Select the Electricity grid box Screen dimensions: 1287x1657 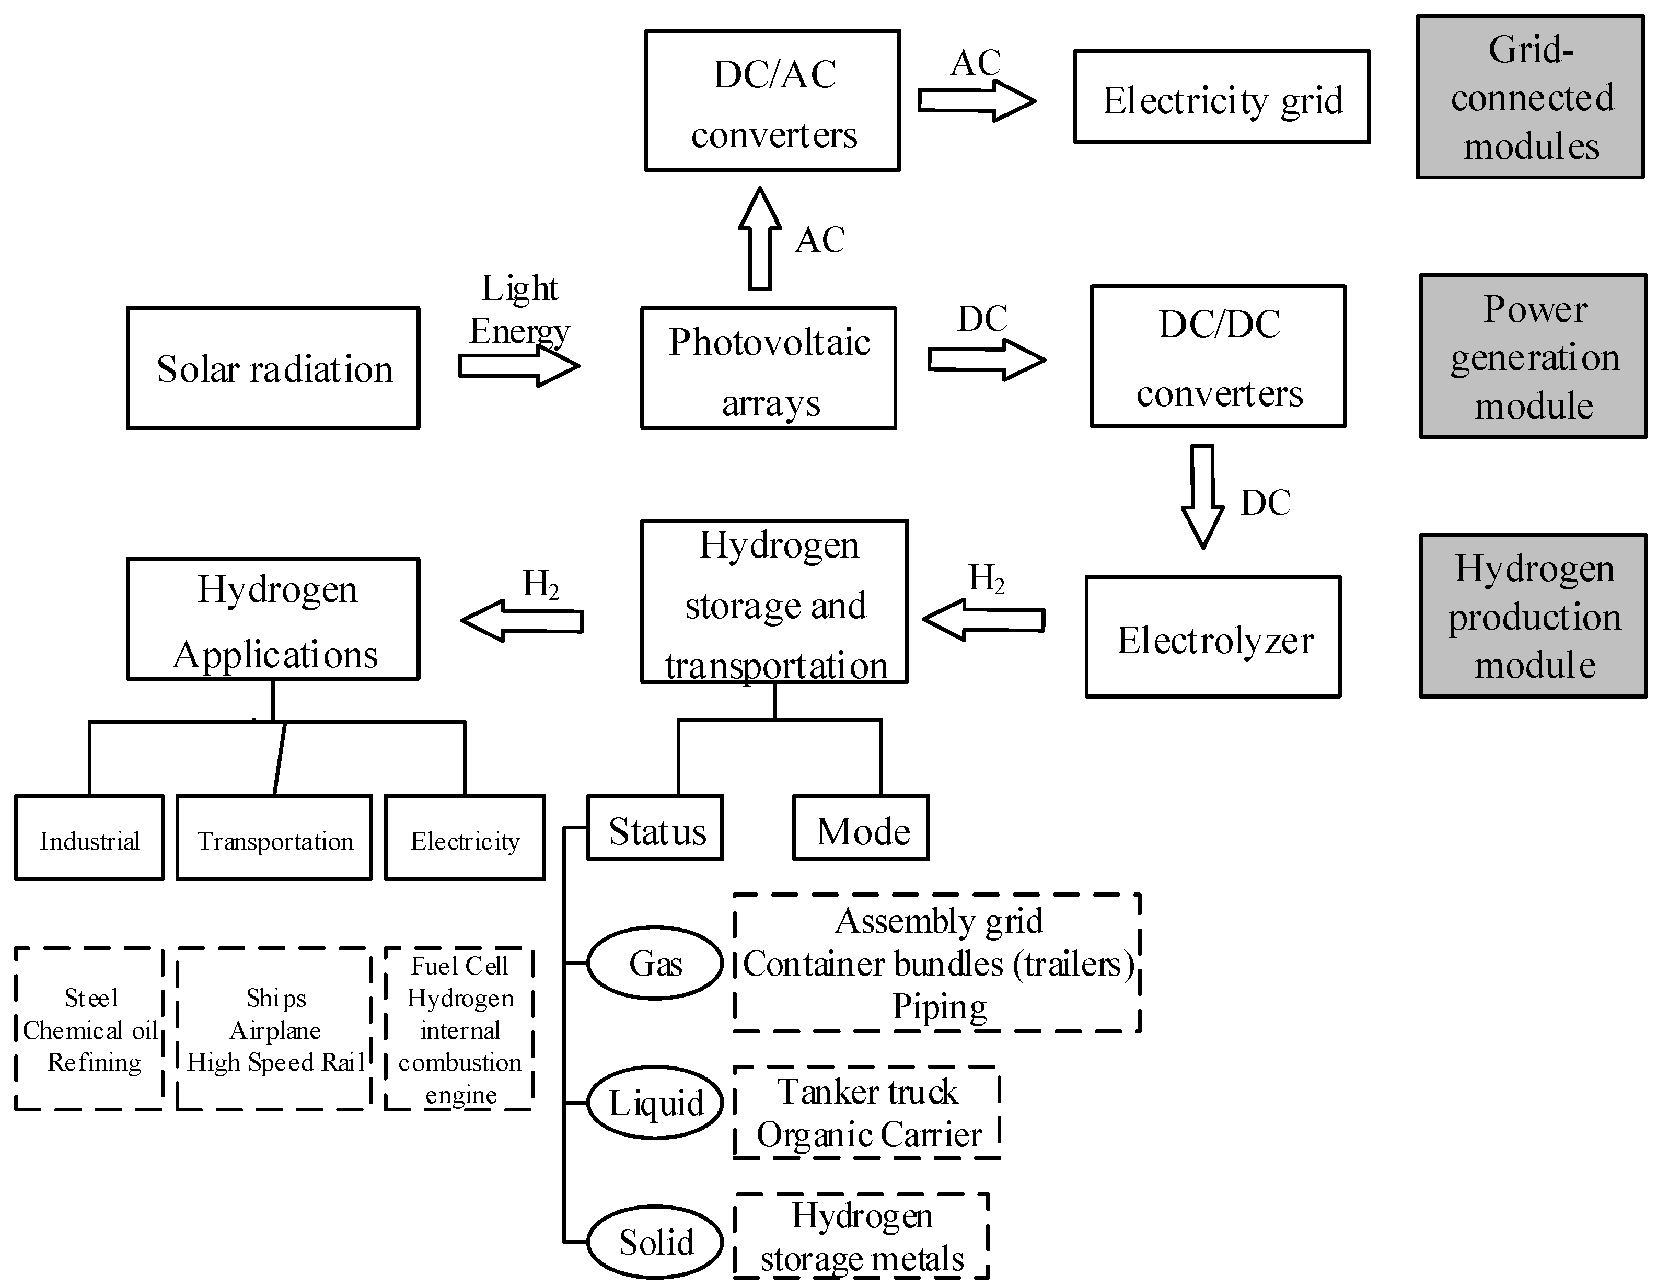[x=1222, y=97]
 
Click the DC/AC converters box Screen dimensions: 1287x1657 [x=772, y=101]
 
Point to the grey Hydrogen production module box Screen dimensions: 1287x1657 [x=1533, y=616]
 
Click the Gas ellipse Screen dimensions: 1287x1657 [x=655, y=963]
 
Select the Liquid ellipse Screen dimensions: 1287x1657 [x=655, y=1103]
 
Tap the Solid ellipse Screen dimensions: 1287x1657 [x=655, y=1242]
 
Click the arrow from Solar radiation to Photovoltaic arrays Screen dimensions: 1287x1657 [x=519, y=366]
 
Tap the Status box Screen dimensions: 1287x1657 [x=655, y=828]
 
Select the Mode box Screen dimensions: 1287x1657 [x=861, y=828]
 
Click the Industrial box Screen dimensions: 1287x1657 [x=89, y=838]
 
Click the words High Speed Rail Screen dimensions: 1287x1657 [x=275, y=1062]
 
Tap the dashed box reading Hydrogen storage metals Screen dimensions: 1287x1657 [x=861, y=1237]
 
